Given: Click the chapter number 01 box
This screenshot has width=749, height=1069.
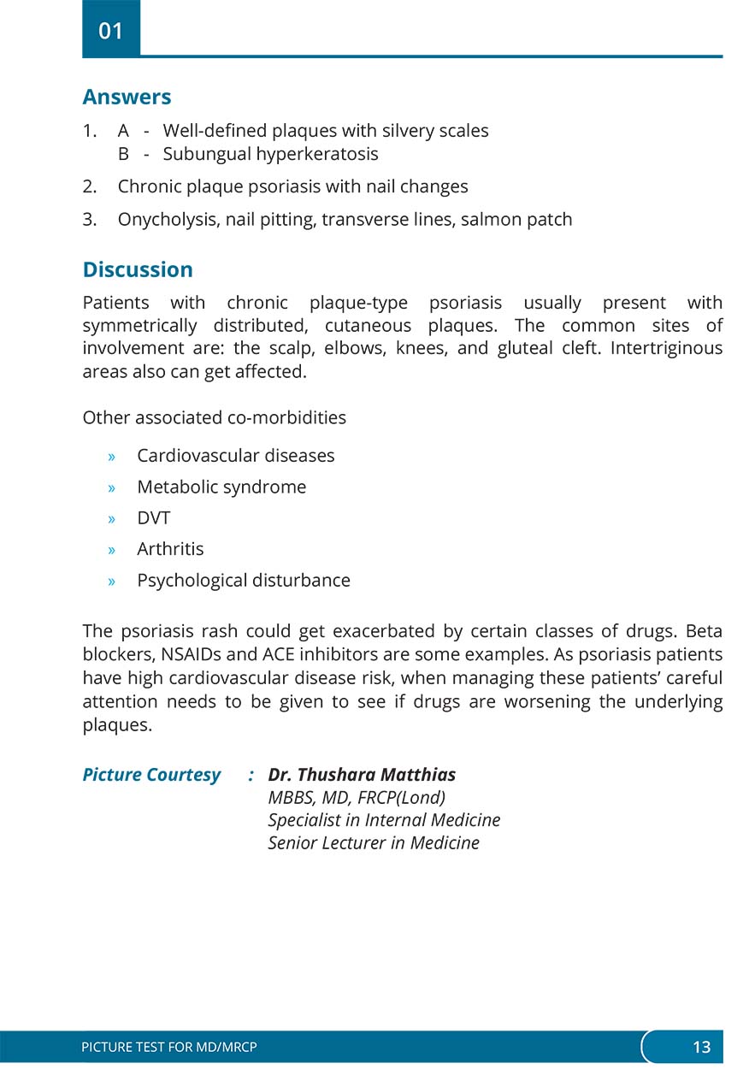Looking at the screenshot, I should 111,31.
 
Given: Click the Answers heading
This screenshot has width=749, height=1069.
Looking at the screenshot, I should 127,97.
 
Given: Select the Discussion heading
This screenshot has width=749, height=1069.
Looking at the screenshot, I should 138,269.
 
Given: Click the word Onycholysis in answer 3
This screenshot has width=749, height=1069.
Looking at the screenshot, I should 169,219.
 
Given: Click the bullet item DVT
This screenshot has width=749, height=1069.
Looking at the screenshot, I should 154,517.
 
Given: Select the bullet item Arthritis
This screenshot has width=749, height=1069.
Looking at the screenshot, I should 170,548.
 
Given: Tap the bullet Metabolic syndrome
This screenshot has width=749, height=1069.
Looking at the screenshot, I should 221,487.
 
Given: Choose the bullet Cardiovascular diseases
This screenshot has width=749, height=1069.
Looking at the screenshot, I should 236,455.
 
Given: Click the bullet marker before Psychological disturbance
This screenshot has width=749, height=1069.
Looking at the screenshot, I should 112,581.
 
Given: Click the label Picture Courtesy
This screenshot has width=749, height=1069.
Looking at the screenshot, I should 151,775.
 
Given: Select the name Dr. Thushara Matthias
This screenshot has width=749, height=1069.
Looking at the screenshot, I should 362,775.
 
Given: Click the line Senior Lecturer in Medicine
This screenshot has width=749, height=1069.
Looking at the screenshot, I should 374,843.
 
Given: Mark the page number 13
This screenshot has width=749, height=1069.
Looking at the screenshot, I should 701,1047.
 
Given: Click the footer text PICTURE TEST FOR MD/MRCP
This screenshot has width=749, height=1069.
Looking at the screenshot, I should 169,1047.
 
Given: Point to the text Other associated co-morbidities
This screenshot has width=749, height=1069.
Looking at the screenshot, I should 214,418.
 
